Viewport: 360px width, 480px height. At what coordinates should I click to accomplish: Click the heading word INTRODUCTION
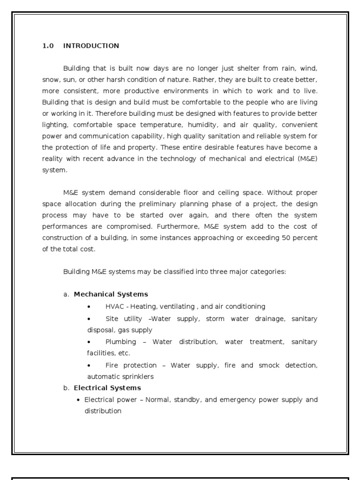click(x=91, y=46)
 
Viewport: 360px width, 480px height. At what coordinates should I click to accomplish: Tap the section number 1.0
click(x=48, y=46)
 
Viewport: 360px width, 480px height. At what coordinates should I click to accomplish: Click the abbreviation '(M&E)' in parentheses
click(x=307, y=158)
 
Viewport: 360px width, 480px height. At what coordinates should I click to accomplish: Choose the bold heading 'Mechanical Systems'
click(x=111, y=294)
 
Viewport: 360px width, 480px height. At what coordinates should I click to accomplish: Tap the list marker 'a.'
click(x=66, y=294)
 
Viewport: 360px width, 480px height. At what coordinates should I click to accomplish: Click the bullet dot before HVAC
click(x=90, y=307)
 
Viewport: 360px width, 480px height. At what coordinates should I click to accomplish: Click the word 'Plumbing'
click(x=120, y=342)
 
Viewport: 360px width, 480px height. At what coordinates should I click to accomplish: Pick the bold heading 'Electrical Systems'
click(x=107, y=388)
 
